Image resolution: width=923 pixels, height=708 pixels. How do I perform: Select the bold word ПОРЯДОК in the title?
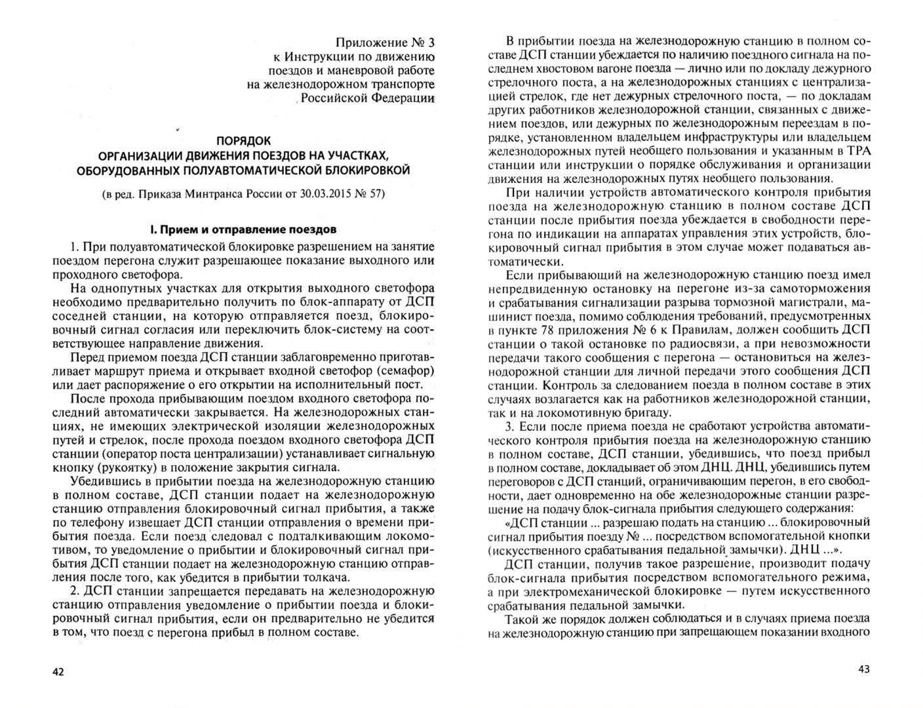click(243, 140)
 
